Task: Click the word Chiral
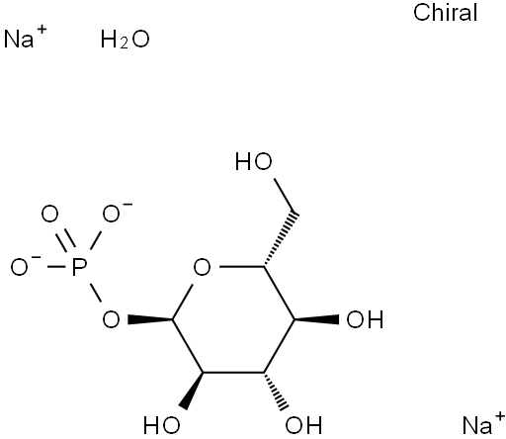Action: point(445,13)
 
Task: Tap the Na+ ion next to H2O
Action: point(25,37)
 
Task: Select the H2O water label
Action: point(125,40)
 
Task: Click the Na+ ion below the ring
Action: point(483,423)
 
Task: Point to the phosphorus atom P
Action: point(79,267)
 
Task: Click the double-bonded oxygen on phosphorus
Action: point(49,215)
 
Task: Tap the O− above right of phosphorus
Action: point(116,213)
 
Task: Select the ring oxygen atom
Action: point(202,267)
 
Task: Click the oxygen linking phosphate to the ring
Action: point(111,319)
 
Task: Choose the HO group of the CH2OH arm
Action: point(254,161)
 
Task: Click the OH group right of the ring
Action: point(365,319)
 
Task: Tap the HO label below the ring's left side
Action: point(162,425)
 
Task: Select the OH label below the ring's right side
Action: point(303,425)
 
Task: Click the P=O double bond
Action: point(66,240)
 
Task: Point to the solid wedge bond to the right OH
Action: point(316,319)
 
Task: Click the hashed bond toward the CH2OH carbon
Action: point(280,239)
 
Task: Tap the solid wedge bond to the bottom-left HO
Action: point(191,392)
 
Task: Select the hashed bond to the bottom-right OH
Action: point(275,392)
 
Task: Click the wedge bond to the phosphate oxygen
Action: point(150,319)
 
